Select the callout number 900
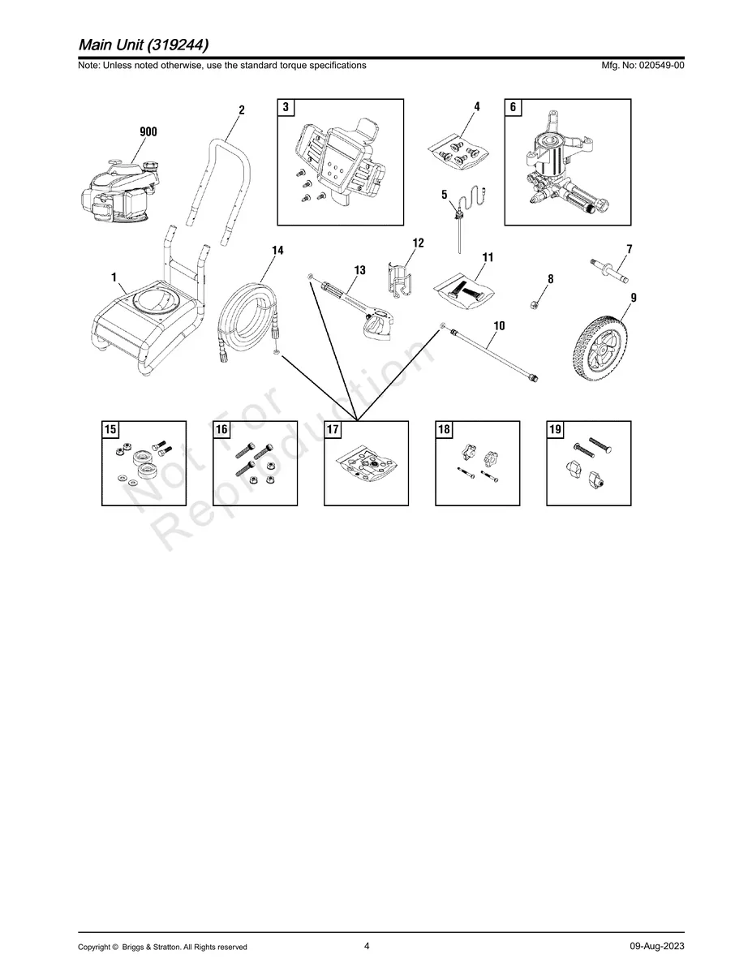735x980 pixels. [x=148, y=132]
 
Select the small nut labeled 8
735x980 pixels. [x=535, y=304]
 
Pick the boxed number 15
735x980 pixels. [x=111, y=430]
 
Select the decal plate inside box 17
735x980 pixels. [x=367, y=468]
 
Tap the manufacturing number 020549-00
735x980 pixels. [x=653, y=66]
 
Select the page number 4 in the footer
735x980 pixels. [x=367, y=946]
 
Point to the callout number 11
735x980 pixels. [x=488, y=258]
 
